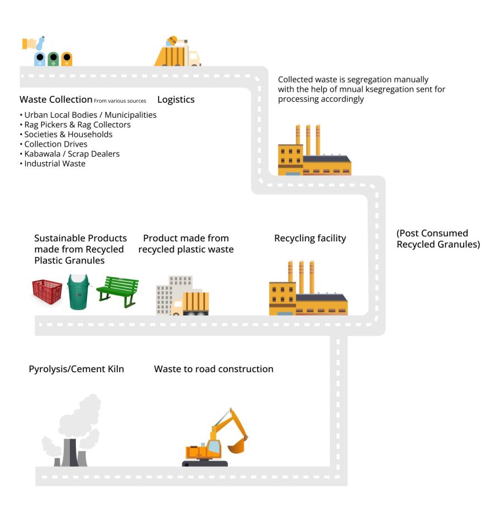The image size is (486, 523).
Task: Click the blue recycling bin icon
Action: (40, 59)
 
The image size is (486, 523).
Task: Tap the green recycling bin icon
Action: (53, 59)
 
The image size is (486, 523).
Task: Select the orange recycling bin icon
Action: (66, 59)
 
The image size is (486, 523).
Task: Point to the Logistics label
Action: (175, 99)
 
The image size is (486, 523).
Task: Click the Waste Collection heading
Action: (56, 99)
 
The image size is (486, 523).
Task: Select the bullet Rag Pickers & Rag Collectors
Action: (77, 125)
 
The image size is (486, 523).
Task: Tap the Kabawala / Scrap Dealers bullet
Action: (72, 154)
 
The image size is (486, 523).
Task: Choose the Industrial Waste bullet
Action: (55, 164)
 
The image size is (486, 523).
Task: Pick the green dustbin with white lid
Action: (79, 292)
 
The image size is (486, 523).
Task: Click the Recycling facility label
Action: (310, 239)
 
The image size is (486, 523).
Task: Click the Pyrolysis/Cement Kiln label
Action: (77, 369)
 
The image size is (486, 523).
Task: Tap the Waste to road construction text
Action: (213, 369)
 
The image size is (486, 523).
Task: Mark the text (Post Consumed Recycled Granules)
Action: (438, 239)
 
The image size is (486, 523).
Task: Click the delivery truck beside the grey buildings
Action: (192, 305)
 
